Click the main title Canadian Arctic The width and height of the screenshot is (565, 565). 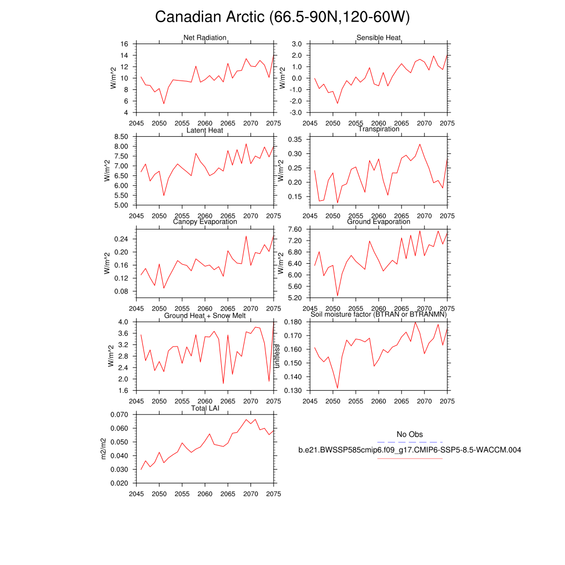[282, 18]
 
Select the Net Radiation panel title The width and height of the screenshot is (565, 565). [205, 38]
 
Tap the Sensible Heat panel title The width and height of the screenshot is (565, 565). [379, 38]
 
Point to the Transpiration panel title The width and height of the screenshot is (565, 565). [379, 129]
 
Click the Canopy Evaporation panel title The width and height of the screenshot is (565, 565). [205, 222]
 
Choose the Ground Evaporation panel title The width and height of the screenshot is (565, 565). [379, 222]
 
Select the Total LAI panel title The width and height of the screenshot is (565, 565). [205, 408]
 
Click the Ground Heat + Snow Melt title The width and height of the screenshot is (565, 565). [205, 316]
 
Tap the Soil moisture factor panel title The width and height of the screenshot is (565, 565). [379, 315]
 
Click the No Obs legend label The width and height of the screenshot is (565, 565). [409, 435]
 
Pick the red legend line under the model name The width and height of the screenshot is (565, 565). [409, 458]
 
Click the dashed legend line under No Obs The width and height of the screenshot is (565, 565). [409, 442]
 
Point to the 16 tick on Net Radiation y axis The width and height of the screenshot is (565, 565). [125, 44]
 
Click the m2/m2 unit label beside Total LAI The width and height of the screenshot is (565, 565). [103, 449]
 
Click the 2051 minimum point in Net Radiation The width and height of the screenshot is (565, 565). [164, 104]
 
